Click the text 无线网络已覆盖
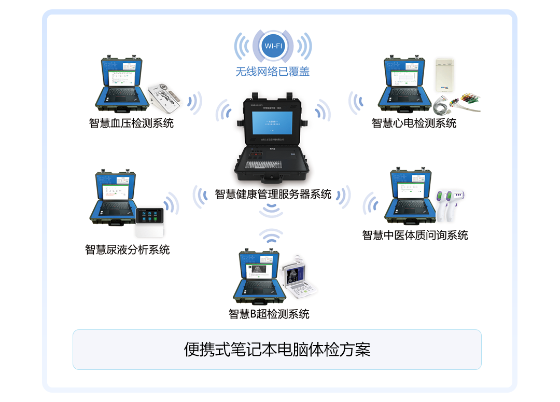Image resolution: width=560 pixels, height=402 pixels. point(273,72)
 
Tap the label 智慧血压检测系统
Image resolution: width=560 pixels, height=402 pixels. point(131,123)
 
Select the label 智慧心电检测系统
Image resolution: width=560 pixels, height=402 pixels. point(414,123)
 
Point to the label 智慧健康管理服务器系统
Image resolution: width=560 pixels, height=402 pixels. point(273,194)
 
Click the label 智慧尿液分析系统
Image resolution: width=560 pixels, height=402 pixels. point(127,249)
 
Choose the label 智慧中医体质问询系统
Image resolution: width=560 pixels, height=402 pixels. point(415,235)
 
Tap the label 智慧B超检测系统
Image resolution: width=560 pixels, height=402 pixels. point(269,314)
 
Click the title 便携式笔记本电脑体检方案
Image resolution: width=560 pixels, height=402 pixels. point(277,349)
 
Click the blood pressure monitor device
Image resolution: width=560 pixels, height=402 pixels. point(167,99)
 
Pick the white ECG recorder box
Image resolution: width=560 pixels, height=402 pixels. point(444,75)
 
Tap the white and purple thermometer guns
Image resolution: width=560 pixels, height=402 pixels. point(449,205)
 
